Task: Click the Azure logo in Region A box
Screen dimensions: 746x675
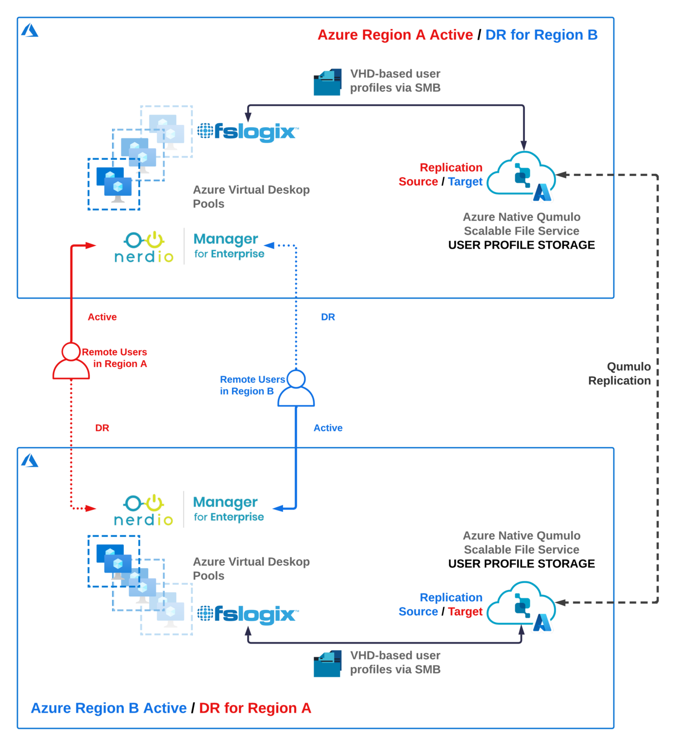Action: pos(30,31)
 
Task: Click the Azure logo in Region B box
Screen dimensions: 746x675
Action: pos(30,460)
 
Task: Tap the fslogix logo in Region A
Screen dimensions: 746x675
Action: pos(248,132)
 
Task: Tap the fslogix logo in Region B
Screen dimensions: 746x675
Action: pos(248,614)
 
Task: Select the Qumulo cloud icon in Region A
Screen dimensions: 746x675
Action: pos(521,175)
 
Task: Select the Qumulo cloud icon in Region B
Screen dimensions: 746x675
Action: pos(521,605)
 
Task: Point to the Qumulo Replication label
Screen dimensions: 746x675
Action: pos(620,373)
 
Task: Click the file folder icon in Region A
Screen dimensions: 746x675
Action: pos(327,82)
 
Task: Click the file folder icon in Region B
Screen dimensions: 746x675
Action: pos(327,663)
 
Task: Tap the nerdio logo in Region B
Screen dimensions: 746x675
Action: pos(144,510)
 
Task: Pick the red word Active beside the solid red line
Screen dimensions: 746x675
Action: pos(102,317)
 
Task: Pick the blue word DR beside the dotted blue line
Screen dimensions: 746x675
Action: pos(328,317)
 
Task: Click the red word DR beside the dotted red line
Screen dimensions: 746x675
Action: pos(102,428)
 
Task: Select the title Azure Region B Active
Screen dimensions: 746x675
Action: pos(109,708)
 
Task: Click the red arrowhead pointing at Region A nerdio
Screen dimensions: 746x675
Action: pos(91,246)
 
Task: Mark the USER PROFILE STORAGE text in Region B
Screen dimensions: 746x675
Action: pos(521,564)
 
